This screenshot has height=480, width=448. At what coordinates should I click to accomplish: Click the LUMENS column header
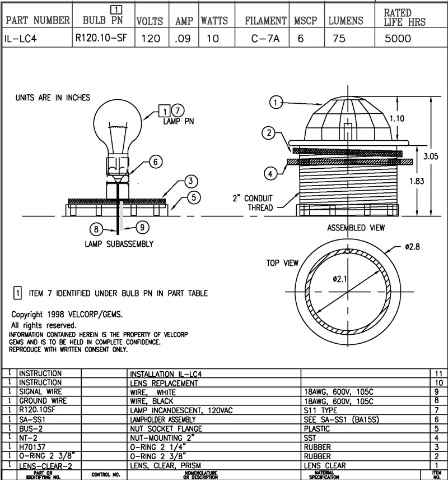click(x=346, y=21)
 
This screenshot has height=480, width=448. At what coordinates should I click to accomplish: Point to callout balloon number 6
click(x=156, y=161)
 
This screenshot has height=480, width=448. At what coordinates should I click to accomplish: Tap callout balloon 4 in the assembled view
click(x=271, y=174)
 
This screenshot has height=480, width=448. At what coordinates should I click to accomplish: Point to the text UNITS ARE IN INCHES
click(x=52, y=98)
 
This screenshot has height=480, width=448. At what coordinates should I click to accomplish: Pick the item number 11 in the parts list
click(x=437, y=373)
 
